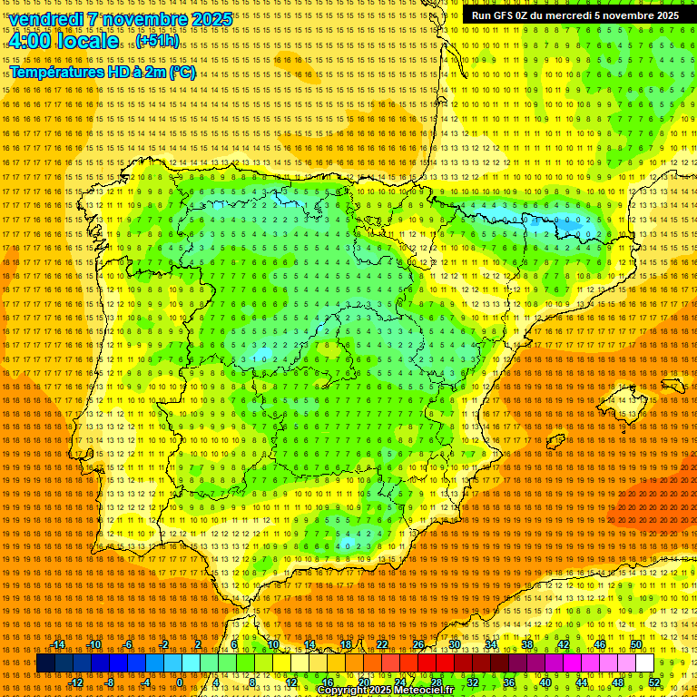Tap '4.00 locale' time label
pos(63,41)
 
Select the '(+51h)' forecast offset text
pos(158,42)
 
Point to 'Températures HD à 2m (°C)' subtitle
pos(103,73)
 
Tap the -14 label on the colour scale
pos(60,644)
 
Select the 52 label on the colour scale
pos(653,682)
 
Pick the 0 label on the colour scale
pos(180,682)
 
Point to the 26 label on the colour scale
pos(418,644)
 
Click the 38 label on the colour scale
pos(527,644)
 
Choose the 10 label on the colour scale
pos(272,644)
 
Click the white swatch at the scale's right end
pos(644,663)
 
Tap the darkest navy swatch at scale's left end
pos(45,663)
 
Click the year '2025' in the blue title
pos(209,19)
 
